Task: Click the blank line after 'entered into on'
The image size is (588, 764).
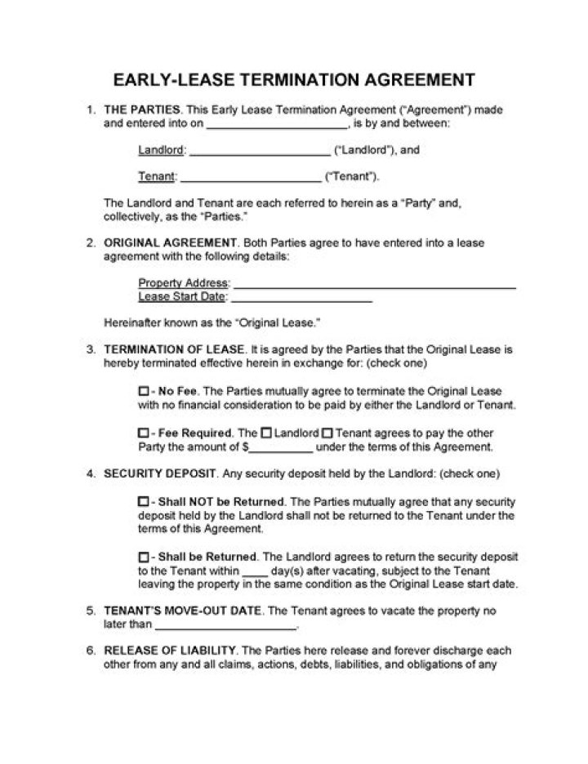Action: click(x=277, y=127)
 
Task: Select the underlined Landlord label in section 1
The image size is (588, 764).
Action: click(x=162, y=150)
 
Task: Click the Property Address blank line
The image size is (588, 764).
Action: click(x=375, y=286)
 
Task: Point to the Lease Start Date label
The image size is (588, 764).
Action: click(x=180, y=296)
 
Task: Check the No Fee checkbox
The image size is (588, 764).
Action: click(x=143, y=391)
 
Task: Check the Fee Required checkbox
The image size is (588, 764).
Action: click(x=143, y=433)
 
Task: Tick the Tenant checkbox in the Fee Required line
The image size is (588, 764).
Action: click(x=327, y=433)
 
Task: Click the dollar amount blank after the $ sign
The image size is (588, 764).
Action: click(x=280, y=448)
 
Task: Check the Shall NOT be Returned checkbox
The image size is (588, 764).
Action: click(x=143, y=501)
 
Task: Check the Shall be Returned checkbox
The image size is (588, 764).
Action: click(x=143, y=557)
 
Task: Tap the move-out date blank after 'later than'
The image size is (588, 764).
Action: click(x=225, y=627)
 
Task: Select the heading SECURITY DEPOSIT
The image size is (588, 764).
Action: click(x=159, y=473)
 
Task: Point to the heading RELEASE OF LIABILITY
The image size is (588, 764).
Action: click(x=169, y=651)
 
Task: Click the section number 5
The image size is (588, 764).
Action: click(x=90, y=611)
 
